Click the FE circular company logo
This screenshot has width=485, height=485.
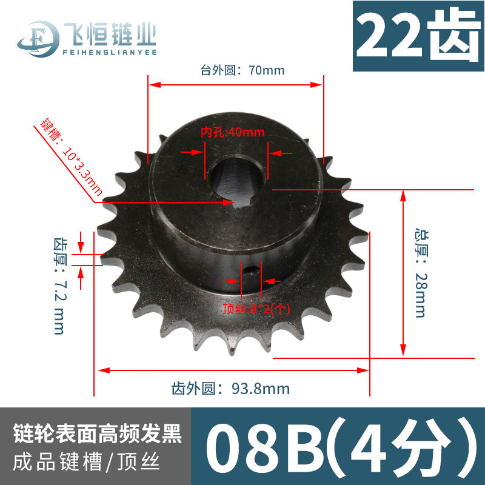[x=38, y=39]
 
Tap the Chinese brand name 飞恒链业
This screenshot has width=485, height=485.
[x=110, y=34]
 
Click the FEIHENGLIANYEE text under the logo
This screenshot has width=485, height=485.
[x=110, y=52]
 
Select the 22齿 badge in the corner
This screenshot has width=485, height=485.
[x=418, y=36]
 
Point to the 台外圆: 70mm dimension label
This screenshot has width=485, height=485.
[x=242, y=70]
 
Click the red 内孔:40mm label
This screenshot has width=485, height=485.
[x=233, y=132]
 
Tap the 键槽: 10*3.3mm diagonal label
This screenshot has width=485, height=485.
[x=71, y=157]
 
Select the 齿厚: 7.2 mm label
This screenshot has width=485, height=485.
[x=59, y=286]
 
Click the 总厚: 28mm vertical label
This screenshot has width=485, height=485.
[x=421, y=273]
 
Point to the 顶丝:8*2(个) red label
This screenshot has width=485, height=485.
[x=256, y=309]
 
